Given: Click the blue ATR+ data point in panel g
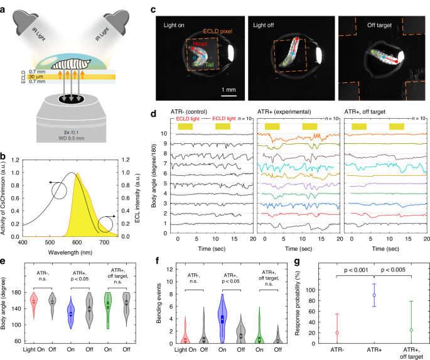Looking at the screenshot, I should click(374, 295).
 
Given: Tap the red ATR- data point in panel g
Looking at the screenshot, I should click(337, 333).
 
